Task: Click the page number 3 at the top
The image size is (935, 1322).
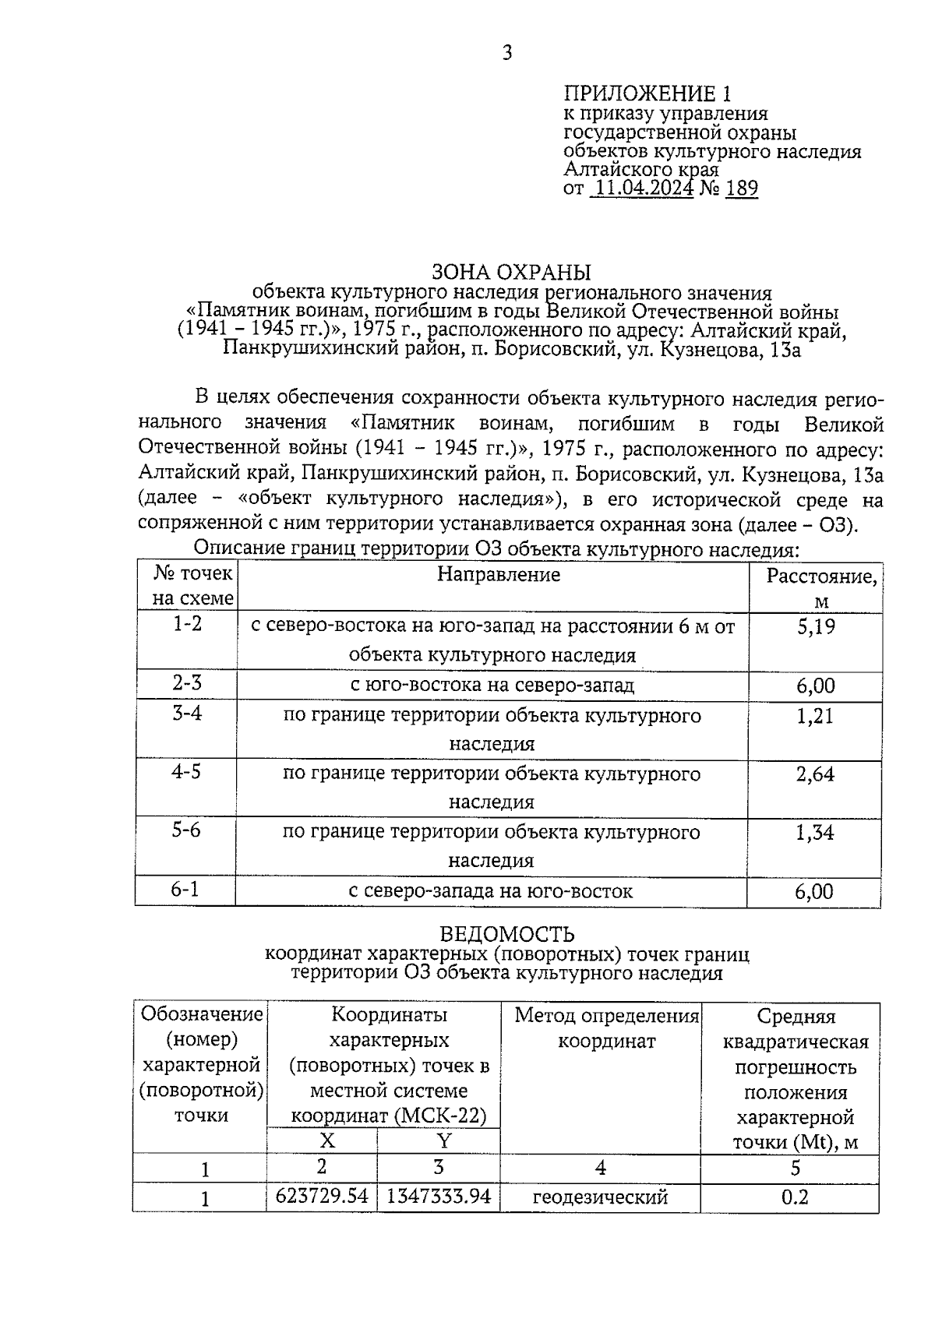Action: pyautogui.click(x=507, y=53)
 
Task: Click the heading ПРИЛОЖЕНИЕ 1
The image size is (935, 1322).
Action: pyautogui.click(x=647, y=94)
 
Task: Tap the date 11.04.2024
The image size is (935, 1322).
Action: pyautogui.click(x=642, y=188)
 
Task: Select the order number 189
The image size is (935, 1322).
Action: pyautogui.click(x=741, y=188)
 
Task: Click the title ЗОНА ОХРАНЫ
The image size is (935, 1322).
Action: pyautogui.click(x=511, y=272)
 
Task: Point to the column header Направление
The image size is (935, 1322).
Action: pyautogui.click(x=498, y=574)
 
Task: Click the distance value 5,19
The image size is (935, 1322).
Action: pyautogui.click(x=815, y=626)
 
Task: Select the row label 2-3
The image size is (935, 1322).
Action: pyautogui.click(x=187, y=683)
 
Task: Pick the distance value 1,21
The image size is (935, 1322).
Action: pyautogui.click(x=815, y=716)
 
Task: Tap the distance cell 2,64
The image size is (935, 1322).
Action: pyautogui.click(x=815, y=774)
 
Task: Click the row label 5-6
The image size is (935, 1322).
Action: pyautogui.click(x=186, y=830)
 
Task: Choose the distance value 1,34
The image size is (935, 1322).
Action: pyautogui.click(x=815, y=833)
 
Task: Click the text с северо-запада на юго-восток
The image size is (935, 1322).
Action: pyautogui.click(x=490, y=891)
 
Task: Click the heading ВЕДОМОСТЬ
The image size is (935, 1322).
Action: pyautogui.click(x=507, y=933)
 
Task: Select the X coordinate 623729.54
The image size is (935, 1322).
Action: pyautogui.click(x=322, y=1196)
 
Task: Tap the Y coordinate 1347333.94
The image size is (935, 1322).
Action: pyautogui.click(x=439, y=1196)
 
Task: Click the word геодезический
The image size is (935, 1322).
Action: pyautogui.click(x=600, y=1197)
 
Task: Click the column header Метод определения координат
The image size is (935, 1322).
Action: pyautogui.click(x=607, y=1028)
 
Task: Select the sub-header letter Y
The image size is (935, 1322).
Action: pyautogui.click(x=443, y=1140)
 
